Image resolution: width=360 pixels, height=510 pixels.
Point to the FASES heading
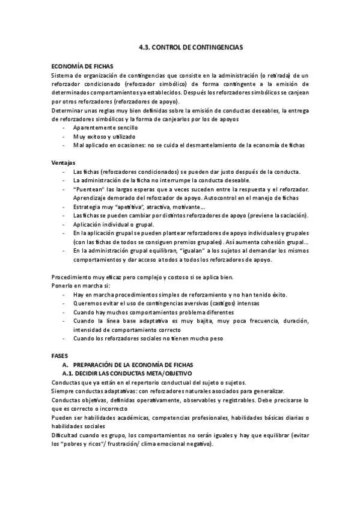coord(61,355)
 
